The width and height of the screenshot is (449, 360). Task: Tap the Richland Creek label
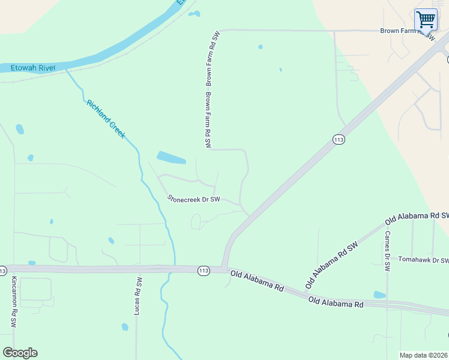tap(106, 119)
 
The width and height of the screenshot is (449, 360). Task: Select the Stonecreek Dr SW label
tap(194, 198)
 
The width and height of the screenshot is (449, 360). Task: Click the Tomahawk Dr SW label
tap(423, 261)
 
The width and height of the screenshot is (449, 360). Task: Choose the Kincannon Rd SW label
tap(14, 302)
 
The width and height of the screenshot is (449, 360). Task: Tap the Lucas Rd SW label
tap(138, 296)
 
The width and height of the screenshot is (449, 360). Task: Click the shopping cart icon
tap(426, 19)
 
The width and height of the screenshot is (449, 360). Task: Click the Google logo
tap(20, 352)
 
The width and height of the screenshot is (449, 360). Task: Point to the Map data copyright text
tap(423, 355)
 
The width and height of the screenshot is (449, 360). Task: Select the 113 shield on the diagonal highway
tap(339, 140)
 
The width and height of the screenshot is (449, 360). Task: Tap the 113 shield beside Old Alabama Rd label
tap(203, 271)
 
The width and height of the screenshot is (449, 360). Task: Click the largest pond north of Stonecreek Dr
tap(171, 158)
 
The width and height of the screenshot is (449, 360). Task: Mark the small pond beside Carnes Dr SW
tap(379, 295)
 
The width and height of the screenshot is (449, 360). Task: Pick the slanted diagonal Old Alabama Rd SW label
tap(331, 262)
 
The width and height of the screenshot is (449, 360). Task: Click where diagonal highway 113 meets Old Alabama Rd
tap(223, 268)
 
